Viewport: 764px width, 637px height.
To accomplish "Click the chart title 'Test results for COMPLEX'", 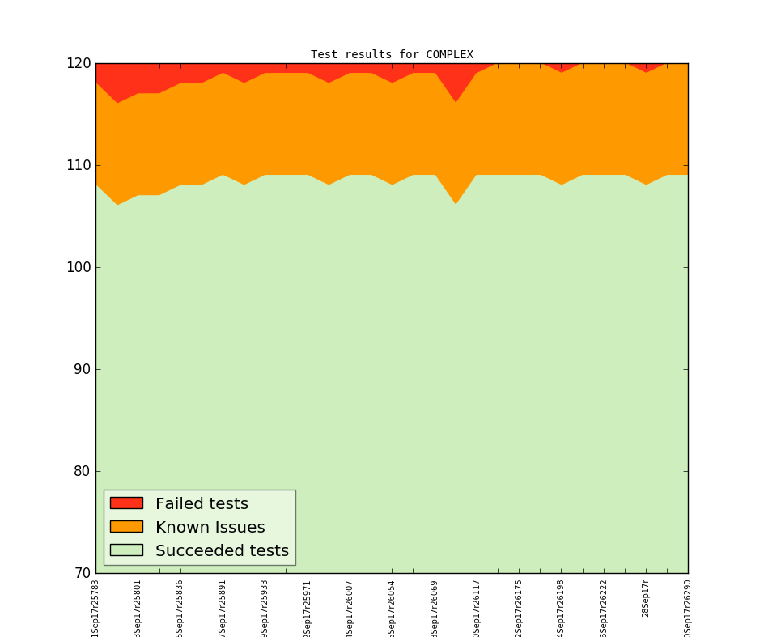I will (392, 55).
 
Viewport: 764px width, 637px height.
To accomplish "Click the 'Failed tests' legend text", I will (202, 504).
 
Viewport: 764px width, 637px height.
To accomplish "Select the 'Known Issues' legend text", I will (210, 528).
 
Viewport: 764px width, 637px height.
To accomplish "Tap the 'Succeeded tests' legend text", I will (222, 551).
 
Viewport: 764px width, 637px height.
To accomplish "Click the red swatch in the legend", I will (126, 503).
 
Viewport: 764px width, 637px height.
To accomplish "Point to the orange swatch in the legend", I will (126, 527).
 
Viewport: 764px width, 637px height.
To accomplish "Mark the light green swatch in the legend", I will (126, 550).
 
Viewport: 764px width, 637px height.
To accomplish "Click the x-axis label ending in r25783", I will (95, 607).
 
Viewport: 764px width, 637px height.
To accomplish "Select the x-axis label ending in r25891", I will (223, 607).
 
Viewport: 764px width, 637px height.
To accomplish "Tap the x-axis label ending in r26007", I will (350, 607).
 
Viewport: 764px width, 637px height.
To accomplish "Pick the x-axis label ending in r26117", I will (477, 607).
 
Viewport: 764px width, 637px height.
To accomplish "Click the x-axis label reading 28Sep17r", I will (646, 598).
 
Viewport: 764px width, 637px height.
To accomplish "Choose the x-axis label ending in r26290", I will (688, 607).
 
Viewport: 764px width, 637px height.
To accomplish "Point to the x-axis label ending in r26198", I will (561, 607).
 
